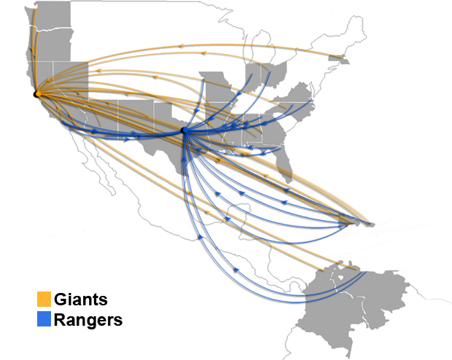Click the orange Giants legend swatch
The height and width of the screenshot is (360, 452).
click(44, 300)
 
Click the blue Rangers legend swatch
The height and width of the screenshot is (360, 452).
click(44, 319)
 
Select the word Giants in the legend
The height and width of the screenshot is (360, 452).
click(81, 300)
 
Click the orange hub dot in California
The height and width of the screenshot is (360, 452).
click(36, 94)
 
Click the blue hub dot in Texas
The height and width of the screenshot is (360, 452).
click(184, 130)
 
